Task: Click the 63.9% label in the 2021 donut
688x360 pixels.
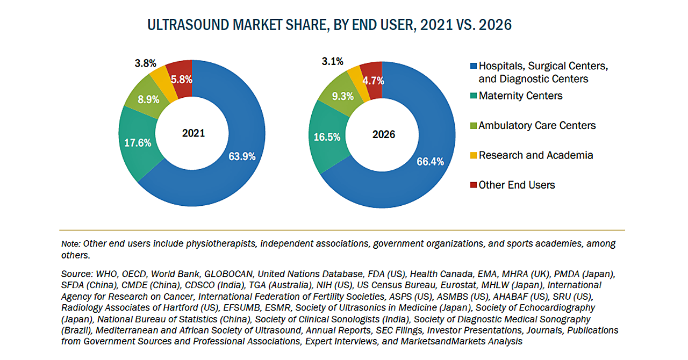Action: (242, 157)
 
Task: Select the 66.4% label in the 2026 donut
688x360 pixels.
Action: (431, 161)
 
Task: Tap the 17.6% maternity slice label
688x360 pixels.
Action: (138, 143)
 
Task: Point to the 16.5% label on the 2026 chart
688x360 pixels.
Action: (327, 137)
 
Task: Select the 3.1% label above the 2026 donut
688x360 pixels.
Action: (332, 62)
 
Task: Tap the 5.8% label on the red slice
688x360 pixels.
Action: (181, 80)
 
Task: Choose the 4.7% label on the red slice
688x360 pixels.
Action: (372, 81)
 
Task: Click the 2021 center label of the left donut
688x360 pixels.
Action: (193, 133)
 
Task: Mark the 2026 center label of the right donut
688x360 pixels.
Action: (384, 134)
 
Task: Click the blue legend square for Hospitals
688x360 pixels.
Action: (473, 66)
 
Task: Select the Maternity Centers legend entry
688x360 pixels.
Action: (520, 96)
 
